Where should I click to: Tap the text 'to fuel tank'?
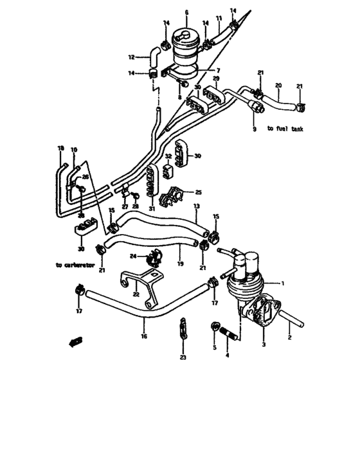(286, 129)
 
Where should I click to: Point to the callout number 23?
(183, 357)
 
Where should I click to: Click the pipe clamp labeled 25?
(177, 195)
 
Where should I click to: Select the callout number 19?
(179, 264)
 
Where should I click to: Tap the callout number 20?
(278, 85)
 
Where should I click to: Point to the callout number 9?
(254, 129)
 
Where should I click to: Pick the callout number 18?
(60, 148)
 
